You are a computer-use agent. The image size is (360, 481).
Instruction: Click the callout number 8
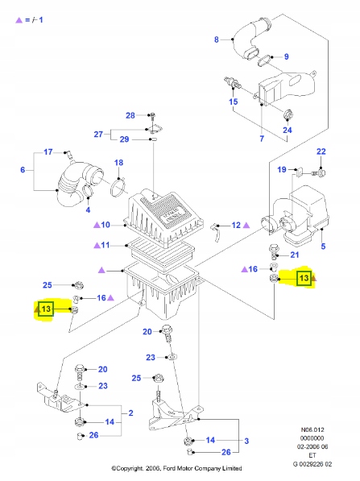(217, 39)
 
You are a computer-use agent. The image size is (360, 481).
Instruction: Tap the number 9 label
(287, 56)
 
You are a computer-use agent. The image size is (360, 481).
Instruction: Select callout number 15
(234, 102)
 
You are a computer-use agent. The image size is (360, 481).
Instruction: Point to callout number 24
(288, 130)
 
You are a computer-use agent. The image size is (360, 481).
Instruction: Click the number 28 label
(130, 115)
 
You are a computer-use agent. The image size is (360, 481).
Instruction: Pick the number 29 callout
(124, 139)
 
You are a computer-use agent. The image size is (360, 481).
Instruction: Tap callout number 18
(118, 163)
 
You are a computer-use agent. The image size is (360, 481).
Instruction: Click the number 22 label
(321, 151)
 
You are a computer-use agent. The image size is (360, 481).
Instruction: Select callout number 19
(282, 170)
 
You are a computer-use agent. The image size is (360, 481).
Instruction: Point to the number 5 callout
(323, 247)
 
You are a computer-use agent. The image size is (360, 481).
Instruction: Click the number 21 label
(295, 255)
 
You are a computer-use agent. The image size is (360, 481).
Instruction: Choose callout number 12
(236, 226)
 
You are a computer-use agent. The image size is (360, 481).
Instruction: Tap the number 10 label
(106, 225)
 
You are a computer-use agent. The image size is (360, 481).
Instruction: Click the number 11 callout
(106, 245)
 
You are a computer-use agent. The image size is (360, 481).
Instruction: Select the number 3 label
(246, 442)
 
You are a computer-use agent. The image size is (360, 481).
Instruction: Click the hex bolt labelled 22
(320, 173)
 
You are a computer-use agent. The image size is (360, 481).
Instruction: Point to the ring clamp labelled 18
(118, 187)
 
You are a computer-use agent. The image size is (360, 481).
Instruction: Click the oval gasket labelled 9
(264, 60)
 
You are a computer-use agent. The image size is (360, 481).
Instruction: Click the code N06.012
(312, 429)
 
